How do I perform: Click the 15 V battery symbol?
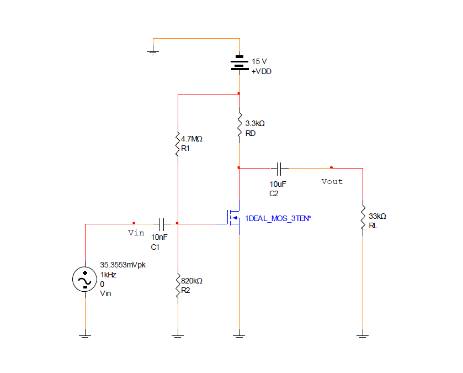point(239,64)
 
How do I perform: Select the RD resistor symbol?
point(239,126)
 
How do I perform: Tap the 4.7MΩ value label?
point(191,139)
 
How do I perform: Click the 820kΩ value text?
point(191,281)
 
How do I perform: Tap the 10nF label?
point(159,237)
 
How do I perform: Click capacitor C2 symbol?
point(280,167)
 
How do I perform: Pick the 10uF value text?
point(278,183)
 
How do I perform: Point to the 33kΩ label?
point(377,216)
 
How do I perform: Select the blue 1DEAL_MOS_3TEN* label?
point(278,219)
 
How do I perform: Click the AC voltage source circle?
point(85,280)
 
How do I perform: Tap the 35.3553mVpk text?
point(123,265)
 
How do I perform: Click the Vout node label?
point(332,181)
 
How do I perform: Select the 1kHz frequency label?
point(108,275)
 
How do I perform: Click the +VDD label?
point(262,72)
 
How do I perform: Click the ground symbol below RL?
point(362,334)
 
